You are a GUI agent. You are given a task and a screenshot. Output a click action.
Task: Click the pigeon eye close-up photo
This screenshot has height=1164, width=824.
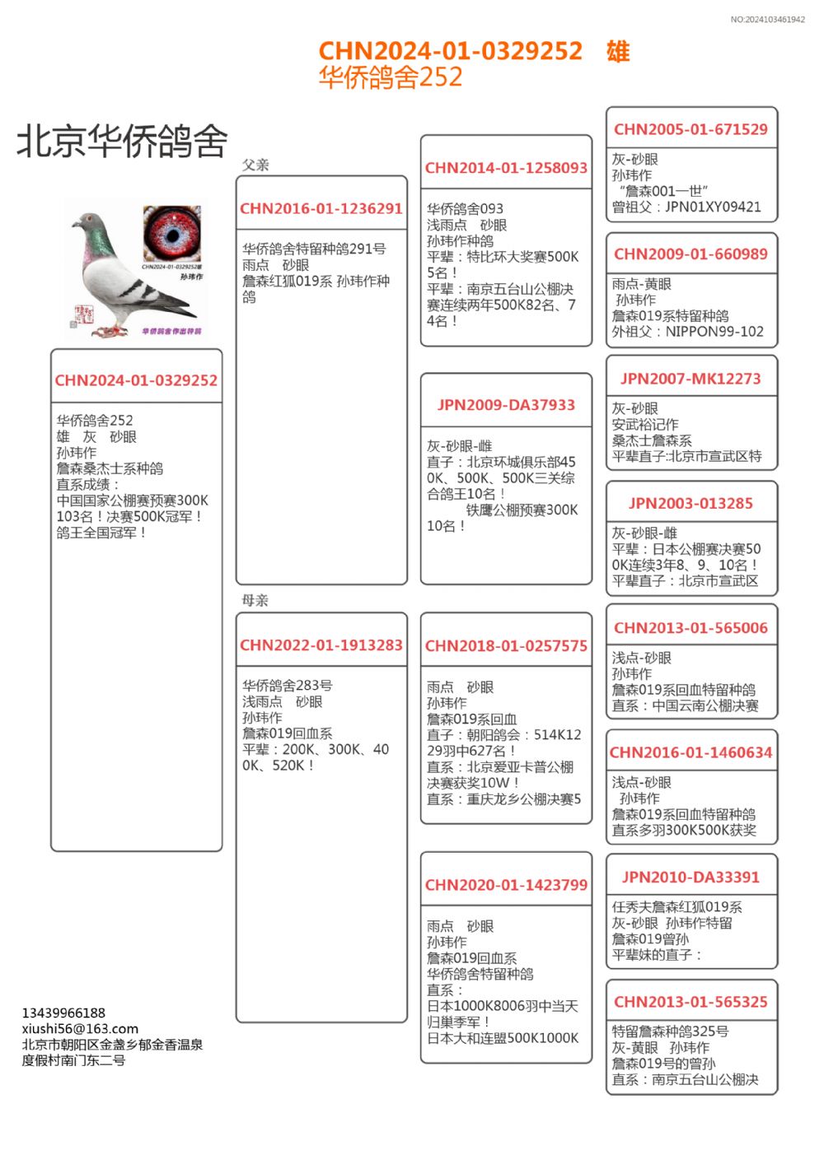coord(172,233)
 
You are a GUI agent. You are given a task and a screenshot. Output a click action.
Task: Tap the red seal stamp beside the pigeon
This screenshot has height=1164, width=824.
coord(82,314)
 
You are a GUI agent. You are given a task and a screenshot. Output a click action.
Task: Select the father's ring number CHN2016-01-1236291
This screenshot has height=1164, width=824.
coord(321,209)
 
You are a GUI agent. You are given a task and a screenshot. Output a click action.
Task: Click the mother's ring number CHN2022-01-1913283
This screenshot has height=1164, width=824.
coord(321,645)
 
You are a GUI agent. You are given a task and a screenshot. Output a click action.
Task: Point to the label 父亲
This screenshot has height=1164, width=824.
coord(255,165)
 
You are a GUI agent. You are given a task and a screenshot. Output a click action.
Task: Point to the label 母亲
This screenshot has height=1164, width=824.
coord(255,600)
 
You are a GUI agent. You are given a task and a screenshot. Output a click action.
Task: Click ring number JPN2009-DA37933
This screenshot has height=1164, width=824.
coord(506,405)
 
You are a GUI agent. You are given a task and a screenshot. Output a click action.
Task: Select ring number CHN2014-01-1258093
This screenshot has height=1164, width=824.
coord(506,168)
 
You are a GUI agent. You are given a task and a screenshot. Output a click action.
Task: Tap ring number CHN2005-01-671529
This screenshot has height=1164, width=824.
coord(691,129)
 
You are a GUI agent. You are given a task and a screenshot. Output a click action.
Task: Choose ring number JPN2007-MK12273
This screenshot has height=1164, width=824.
coord(691,379)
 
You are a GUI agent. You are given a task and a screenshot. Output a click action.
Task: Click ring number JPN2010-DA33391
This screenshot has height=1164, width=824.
coord(691,878)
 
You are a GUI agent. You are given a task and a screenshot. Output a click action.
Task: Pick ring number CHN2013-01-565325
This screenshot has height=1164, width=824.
coord(691,1002)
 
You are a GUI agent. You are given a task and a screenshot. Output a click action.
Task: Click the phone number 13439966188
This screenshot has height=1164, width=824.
coord(63,1013)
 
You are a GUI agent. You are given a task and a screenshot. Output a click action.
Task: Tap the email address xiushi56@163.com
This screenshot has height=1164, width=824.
coord(80,1028)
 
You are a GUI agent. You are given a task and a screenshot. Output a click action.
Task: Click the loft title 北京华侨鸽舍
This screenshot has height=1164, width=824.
coord(122,141)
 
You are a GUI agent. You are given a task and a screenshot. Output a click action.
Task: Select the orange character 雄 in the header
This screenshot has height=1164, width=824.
coord(618,52)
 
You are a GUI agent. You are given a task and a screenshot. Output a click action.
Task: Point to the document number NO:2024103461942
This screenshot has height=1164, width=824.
coord(767,20)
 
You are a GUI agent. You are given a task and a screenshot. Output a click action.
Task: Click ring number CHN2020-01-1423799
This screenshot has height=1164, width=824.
coord(506,886)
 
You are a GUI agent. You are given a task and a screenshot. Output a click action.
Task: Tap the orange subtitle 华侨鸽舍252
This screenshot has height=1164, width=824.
coord(391,77)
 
